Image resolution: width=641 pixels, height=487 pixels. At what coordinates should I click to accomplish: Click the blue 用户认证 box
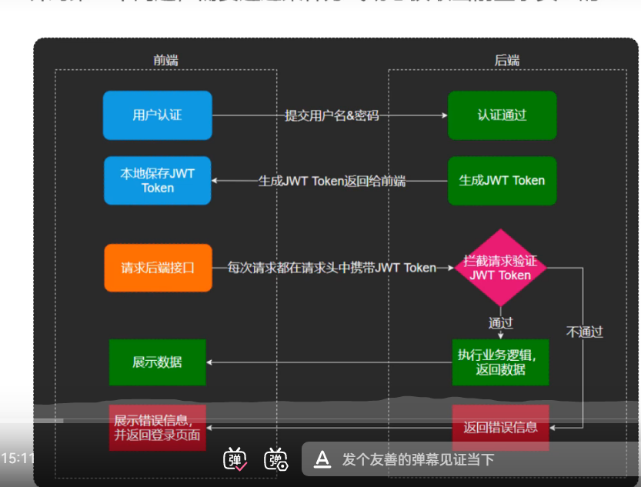(157, 115)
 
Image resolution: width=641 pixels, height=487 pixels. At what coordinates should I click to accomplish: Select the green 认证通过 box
(502, 115)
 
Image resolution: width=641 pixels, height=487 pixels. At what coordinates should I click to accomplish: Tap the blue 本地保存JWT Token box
(157, 181)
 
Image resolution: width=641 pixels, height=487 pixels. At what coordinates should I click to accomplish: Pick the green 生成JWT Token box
(502, 181)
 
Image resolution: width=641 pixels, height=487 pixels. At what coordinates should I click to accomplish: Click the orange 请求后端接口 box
(158, 269)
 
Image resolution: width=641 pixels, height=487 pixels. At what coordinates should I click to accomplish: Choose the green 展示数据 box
(157, 362)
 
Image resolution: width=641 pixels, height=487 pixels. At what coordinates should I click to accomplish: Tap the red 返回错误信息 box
(500, 427)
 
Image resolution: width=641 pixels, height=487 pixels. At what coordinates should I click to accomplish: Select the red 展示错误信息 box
(157, 427)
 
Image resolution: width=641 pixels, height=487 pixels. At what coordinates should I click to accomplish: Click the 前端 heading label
(166, 60)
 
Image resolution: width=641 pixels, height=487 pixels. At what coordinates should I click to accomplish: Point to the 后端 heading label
(506, 60)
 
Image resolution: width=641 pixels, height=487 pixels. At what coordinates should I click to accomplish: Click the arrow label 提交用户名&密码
(332, 116)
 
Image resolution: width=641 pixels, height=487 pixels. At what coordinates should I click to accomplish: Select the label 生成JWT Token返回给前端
(332, 182)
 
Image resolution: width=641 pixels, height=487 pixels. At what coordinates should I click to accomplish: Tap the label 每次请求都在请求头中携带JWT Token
(332, 269)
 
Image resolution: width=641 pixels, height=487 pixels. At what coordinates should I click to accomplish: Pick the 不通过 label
(585, 332)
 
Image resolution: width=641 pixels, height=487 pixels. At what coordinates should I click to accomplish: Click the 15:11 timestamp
(18, 459)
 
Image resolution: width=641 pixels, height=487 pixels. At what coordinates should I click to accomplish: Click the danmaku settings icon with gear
(275, 459)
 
